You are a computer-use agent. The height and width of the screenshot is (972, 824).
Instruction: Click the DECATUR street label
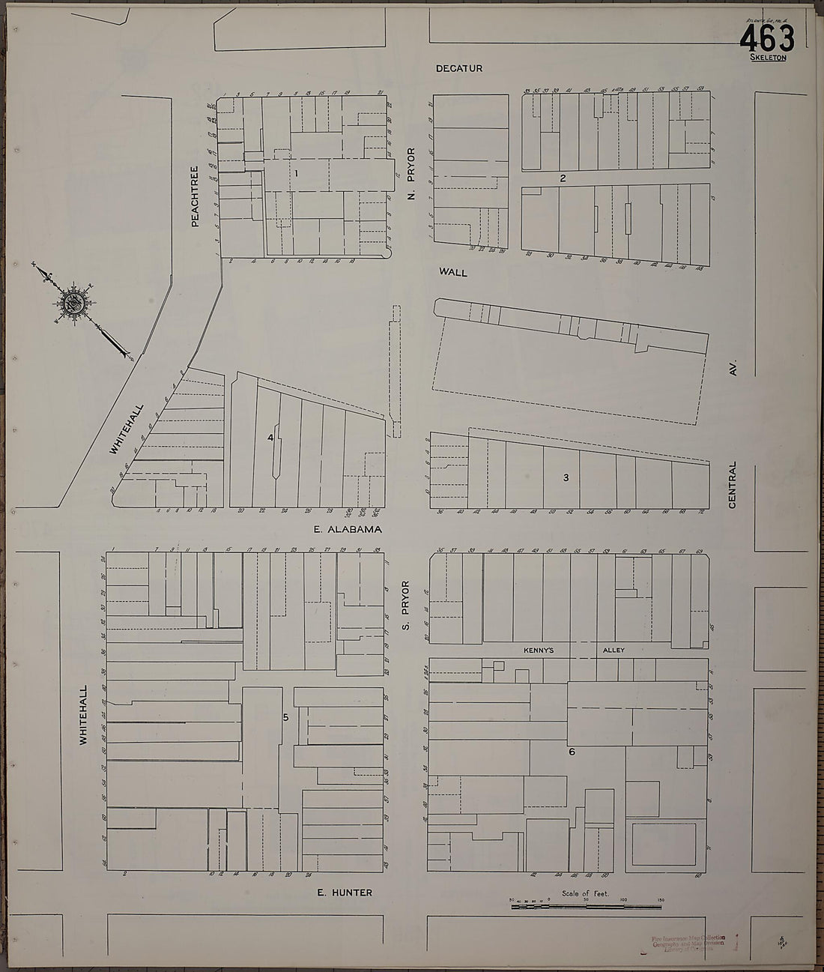coord(459,69)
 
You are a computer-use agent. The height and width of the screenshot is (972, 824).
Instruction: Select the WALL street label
coord(454,273)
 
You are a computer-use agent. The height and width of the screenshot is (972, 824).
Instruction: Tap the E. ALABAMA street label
coord(348,529)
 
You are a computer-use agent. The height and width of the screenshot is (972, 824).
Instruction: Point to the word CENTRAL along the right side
coord(733,485)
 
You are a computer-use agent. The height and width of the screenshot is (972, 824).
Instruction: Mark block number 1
coord(297,173)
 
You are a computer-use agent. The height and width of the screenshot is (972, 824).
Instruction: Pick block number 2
coord(562,178)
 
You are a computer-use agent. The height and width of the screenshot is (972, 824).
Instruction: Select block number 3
coord(566,477)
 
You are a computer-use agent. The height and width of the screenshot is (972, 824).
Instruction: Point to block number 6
coord(572,752)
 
